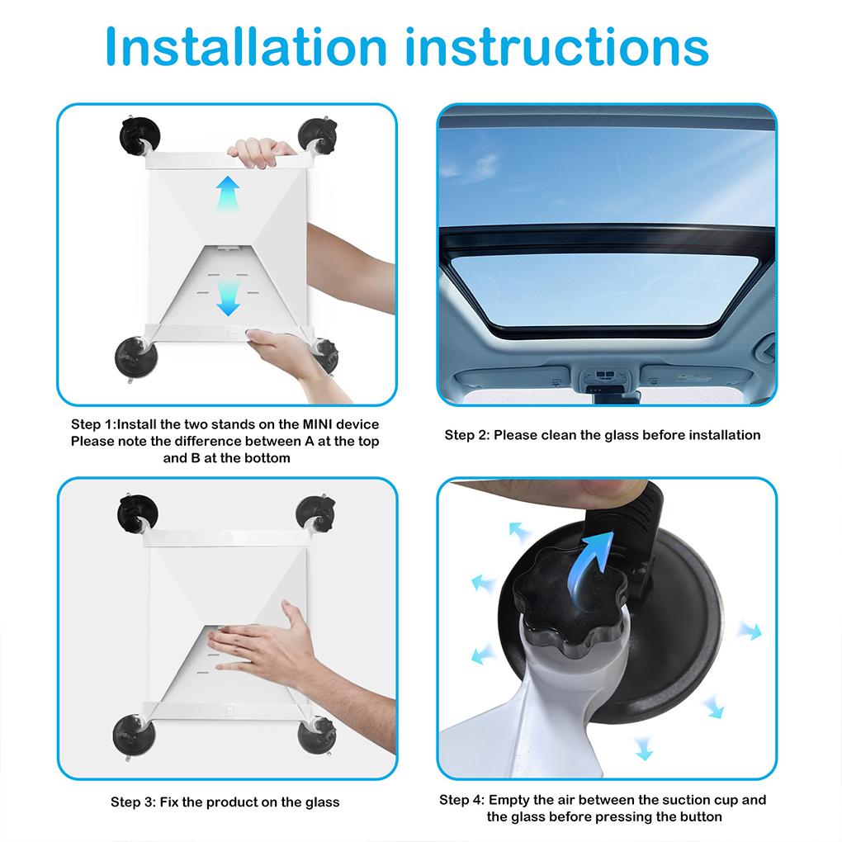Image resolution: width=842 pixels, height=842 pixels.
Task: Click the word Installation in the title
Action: tap(246, 47)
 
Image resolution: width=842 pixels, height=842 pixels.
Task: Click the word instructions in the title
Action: tap(557, 47)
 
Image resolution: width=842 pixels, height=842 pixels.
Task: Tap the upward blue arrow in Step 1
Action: tap(228, 192)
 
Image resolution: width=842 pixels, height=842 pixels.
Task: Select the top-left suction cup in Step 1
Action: tap(139, 136)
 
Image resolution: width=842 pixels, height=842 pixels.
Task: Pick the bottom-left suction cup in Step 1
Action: tap(136, 357)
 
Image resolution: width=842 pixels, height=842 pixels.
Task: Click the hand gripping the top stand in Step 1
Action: tap(260, 152)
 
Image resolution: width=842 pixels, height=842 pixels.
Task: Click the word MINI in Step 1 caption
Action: tap(317, 424)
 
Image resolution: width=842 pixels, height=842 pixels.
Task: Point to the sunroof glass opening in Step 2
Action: tap(604, 289)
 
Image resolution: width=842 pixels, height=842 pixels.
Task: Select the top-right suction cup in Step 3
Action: tap(315, 514)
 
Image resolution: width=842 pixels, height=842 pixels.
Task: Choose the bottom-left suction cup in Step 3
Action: tap(135, 735)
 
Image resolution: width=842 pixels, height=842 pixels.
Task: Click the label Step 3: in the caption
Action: tap(133, 802)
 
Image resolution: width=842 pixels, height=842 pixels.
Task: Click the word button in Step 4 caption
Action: tap(700, 816)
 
